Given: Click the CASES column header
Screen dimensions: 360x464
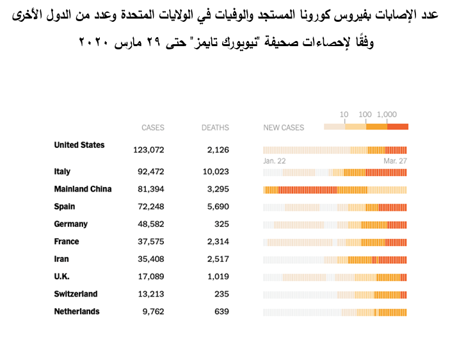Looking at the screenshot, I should pos(153,127).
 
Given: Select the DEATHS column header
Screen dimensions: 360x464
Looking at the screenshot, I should pos(215,127).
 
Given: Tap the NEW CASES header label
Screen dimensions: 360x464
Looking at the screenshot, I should pos(284,127).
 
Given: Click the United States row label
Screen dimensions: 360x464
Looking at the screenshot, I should pos(79,145).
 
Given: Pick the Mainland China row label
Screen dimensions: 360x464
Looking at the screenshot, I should pos(83,189).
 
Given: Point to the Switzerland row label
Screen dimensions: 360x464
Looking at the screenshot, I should pos(76,294).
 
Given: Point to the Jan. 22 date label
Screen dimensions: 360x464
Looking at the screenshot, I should pos(275,161).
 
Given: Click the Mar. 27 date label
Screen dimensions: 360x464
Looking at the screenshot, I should pos(396,161).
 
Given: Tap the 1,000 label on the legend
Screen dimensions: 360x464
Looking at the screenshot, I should pos(387,115).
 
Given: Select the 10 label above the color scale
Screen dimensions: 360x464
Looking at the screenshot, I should pos(344,115).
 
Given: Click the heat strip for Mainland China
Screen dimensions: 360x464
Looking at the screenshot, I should pos(335,190).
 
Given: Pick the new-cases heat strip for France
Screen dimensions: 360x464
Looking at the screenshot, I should pos(335,242).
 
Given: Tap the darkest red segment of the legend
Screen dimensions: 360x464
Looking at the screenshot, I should pos(398,126).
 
